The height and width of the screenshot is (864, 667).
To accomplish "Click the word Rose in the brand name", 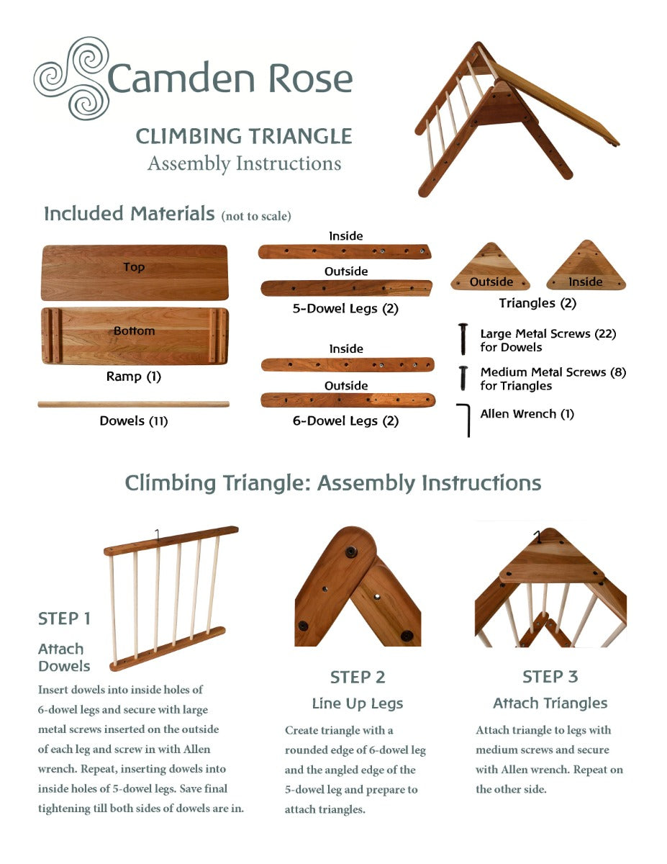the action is click(311, 78).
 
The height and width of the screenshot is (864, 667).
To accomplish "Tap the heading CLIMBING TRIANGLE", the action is click(244, 136).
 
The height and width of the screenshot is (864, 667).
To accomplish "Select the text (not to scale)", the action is click(256, 216).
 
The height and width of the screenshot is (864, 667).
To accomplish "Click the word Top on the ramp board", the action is click(134, 267).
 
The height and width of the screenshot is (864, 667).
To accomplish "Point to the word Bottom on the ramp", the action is click(135, 330).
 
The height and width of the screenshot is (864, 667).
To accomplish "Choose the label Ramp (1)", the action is click(134, 376).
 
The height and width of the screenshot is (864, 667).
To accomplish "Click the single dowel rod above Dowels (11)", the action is click(134, 405).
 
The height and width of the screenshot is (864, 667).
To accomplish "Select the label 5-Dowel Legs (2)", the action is click(345, 309).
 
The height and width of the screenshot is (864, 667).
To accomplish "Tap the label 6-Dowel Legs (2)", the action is click(345, 420).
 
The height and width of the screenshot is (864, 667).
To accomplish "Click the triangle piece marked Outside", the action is click(491, 267).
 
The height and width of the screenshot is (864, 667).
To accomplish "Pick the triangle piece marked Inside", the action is click(586, 265).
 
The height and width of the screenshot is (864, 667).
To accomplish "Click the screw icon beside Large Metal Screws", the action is click(463, 339).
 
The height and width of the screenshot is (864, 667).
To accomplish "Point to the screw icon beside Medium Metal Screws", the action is click(463, 378).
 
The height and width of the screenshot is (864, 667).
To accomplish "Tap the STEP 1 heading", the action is click(64, 618).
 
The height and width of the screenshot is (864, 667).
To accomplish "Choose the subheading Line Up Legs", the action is click(358, 703).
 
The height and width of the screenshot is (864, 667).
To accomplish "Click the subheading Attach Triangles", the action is click(550, 703).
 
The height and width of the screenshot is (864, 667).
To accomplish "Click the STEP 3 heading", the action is click(550, 677).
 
